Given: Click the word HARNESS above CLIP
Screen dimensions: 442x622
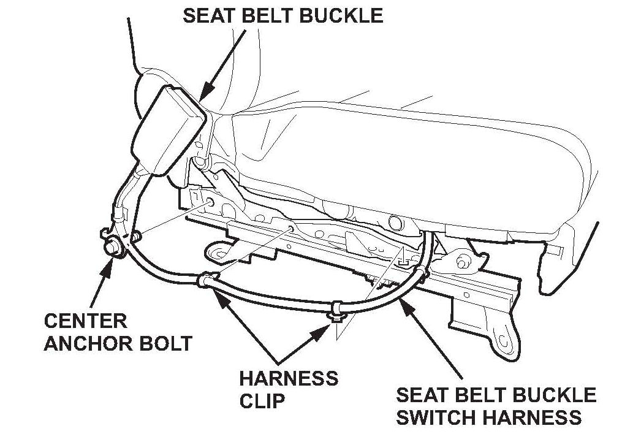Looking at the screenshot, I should click(289, 378).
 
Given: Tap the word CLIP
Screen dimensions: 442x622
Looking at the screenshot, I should click(262, 401).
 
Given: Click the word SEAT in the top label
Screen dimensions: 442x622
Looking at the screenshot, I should click(207, 15).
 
